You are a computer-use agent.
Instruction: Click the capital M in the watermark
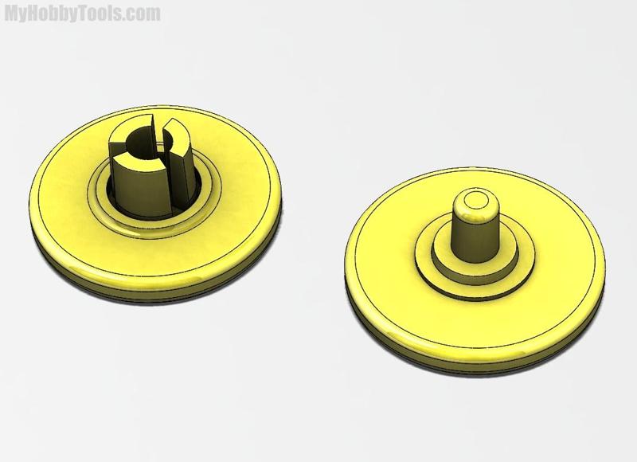pos(13,14)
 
